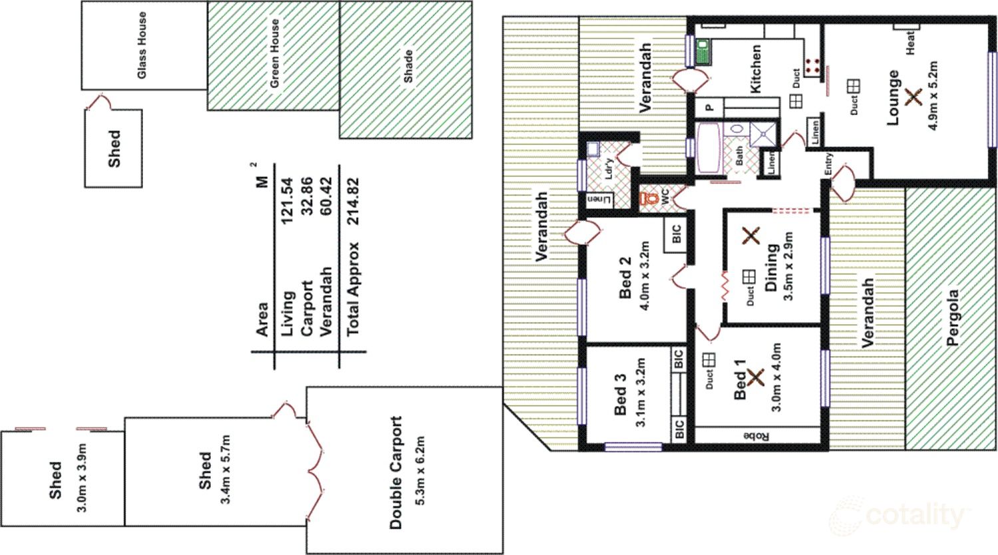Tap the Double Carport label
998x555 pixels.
click(397, 472)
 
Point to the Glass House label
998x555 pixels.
click(141, 46)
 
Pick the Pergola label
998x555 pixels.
click(952, 317)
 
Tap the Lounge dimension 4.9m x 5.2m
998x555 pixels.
click(933, 95)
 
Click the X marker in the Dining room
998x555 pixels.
click(751, 235)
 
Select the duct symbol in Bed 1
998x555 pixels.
click(709, 359)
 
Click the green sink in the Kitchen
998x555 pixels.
click(701, 51)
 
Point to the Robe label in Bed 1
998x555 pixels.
click(756, 437)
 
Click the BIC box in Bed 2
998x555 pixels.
click(677, 234)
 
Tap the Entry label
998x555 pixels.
click(828, 165)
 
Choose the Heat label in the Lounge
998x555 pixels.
click(910, 43)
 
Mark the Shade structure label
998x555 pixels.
click(408, 66)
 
